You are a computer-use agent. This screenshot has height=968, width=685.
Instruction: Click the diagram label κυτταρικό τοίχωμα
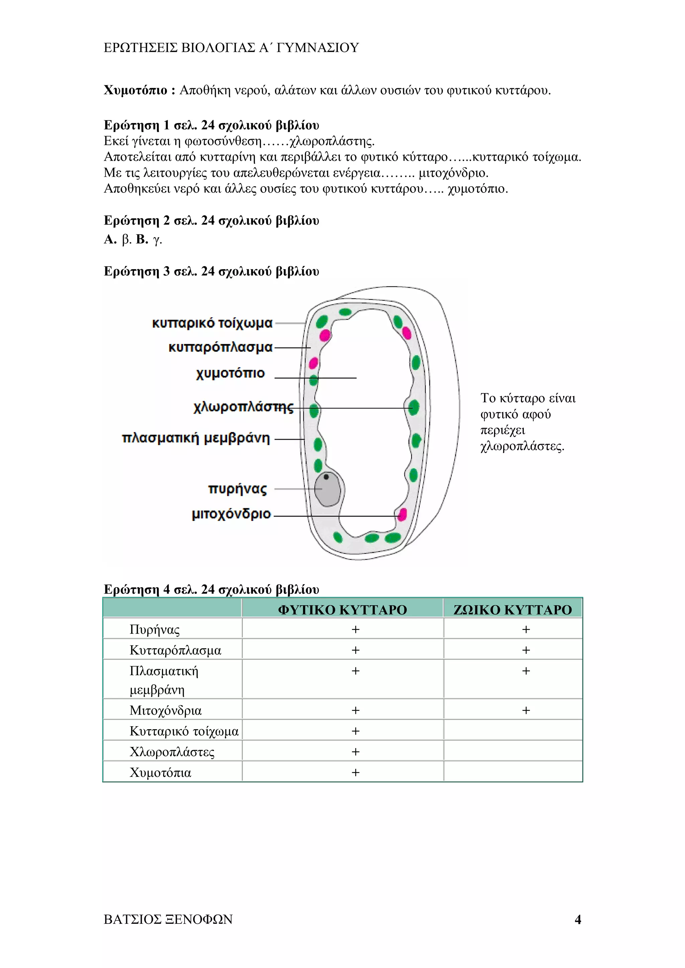click(212, 323)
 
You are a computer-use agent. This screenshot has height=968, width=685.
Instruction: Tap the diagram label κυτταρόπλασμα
click(220, 347)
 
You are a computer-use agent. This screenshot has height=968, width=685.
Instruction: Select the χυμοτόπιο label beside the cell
click(230, 373)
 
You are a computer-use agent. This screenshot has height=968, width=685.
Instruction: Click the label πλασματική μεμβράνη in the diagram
click(196, 438)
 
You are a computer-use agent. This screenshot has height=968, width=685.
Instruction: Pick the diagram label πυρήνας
click(237, 489)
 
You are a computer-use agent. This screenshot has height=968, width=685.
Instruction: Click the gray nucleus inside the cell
click(328, 489)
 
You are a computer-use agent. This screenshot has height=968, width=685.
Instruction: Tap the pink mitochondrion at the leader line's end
click(402, 515)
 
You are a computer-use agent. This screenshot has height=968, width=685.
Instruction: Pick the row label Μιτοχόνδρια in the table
click(165, 711)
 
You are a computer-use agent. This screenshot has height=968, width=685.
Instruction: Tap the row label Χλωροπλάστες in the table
click(172, 752)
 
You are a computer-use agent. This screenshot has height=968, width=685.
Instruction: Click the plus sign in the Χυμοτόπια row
click(356, 772)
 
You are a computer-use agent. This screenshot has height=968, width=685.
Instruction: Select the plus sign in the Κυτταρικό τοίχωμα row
click(356, 731)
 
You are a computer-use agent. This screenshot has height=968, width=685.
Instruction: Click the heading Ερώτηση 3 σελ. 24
click(211, 272)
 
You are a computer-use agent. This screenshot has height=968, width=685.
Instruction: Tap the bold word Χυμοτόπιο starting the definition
click(135, 90)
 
